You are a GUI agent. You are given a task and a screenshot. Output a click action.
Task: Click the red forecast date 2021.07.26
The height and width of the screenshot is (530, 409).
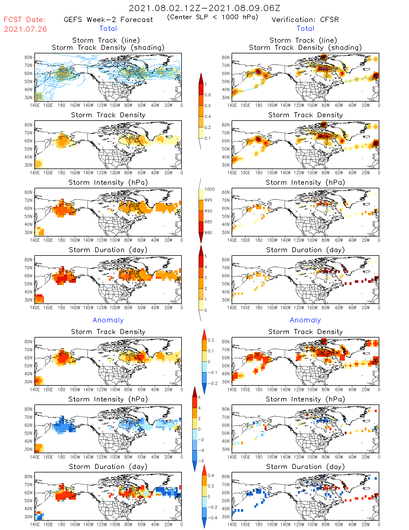click(x=25, y=29)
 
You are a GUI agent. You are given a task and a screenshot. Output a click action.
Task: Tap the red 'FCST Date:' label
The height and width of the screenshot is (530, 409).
click(x=24, y=20)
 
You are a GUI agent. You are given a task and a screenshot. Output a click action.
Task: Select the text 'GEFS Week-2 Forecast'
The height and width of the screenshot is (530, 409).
click(x=108, y=20)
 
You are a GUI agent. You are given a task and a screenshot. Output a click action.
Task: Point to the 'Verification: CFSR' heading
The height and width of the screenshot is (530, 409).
click(x=305, y=20)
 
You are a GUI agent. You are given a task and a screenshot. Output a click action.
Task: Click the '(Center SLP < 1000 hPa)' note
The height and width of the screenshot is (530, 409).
click(x=213, y=17)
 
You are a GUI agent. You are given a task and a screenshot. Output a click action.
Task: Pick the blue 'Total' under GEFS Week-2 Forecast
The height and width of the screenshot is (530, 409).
click(x=108, y=28)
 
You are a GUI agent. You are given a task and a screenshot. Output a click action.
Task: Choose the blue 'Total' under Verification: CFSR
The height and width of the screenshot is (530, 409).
click(x=305, y=28)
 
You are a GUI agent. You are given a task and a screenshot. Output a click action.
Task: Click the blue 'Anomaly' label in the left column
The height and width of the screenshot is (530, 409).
click(x=108, y=320)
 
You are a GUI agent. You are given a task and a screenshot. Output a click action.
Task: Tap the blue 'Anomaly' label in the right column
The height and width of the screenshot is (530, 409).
click(x=305, y=320)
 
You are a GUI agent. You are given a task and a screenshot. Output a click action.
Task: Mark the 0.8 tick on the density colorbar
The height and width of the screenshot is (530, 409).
click(x=208, y=95)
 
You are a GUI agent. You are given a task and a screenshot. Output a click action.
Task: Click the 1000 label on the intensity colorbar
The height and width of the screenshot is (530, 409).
click(x=209, y=189)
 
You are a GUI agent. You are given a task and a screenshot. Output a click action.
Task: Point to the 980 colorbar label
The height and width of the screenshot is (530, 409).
click(x=208, y=233)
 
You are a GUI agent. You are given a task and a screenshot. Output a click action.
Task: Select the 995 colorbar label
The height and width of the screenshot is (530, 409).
click(x=208, y=200)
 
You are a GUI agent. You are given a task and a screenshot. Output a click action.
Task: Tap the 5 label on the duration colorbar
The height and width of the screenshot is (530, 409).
click(x=206, y=256)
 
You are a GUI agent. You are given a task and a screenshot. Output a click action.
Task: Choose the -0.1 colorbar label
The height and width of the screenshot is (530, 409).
click(x=212, y=373)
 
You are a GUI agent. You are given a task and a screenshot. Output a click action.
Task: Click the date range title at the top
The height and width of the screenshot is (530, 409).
click(x=204, y=8)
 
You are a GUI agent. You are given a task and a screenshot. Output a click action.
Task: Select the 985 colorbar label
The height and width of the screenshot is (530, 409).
click(x=208, y=222)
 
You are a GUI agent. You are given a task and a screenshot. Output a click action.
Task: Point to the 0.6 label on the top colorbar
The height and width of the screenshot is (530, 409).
click(x=208, y=106)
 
